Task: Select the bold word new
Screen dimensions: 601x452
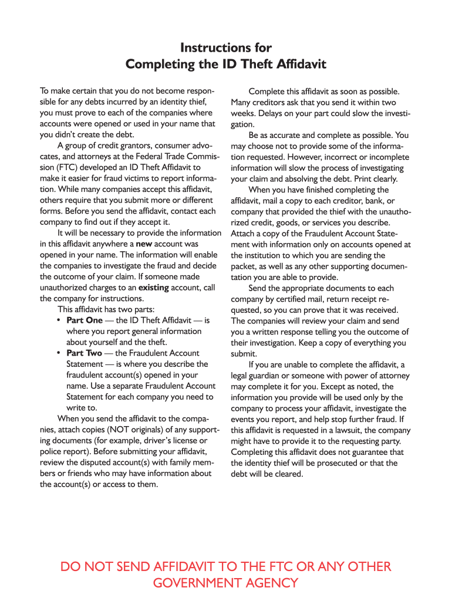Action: [144, 244]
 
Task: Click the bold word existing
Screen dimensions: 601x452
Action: [153, 287]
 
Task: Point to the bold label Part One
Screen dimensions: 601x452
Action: [84, 320]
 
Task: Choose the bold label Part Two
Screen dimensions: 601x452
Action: [84, 353]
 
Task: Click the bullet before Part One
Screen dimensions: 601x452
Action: [59, 320]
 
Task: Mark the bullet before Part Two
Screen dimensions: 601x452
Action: [59, 353]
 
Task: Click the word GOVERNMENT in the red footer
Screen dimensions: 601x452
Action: [195, 583]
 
